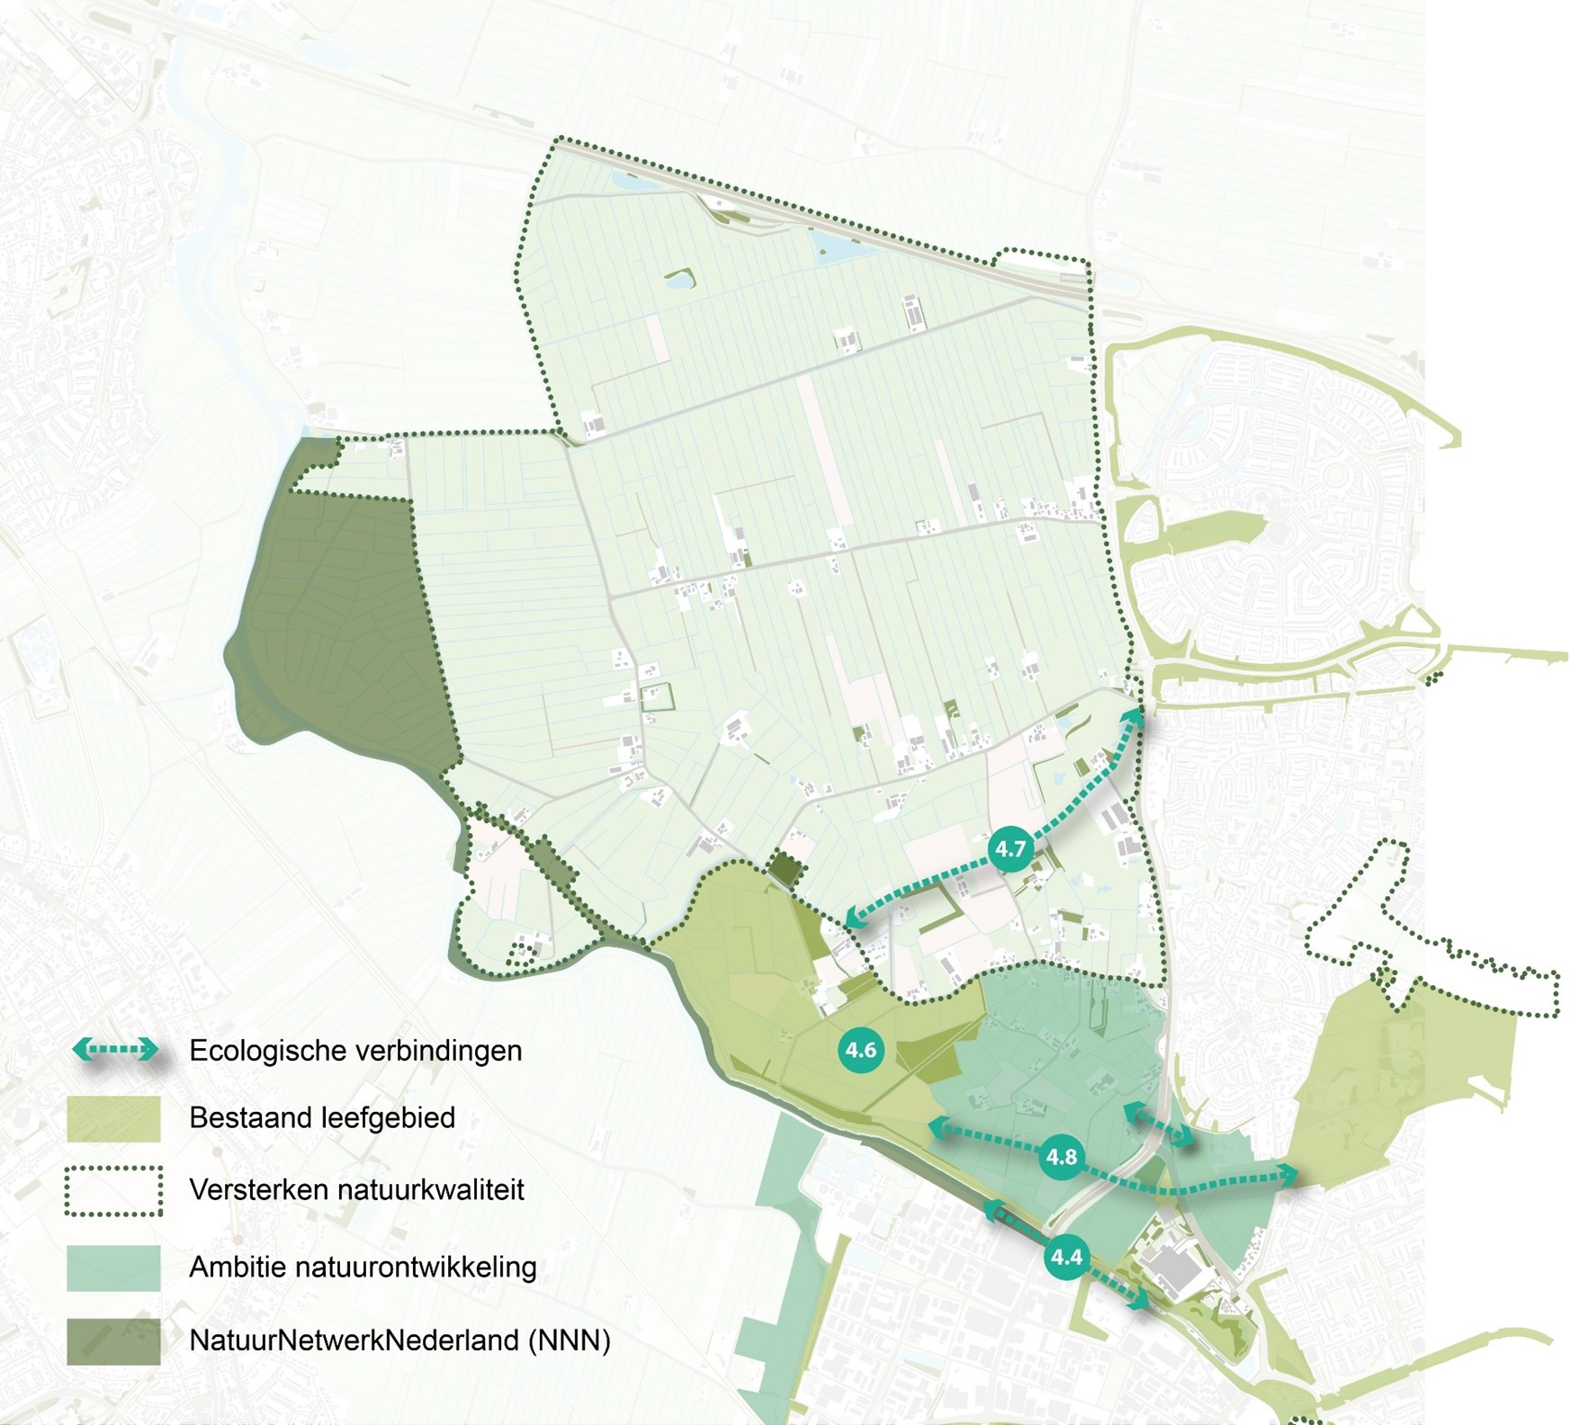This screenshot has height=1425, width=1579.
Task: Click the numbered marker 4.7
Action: (x=1010, y=848)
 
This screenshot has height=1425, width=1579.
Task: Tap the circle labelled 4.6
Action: (x=861, y=1050)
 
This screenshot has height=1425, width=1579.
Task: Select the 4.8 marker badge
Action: (x=1062, y=1157)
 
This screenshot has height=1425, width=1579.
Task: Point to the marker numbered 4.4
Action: (x=1067, y=1256)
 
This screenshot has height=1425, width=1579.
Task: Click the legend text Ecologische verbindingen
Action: (x=355, y=1051)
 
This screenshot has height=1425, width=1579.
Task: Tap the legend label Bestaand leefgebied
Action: (x=322, y=1118)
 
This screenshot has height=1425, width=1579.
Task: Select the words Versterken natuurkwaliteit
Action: (x=356, y=1190)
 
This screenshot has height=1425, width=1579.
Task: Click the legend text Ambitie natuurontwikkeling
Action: (x=363, y=1268)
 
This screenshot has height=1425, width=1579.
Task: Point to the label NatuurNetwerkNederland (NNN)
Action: (x=399, y=1340)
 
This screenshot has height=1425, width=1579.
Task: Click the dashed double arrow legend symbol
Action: (x=114, y=1049)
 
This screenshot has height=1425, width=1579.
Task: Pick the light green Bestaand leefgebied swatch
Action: (x=113, y=1119)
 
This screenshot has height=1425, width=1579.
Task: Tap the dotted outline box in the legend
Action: (x=113, y=1191)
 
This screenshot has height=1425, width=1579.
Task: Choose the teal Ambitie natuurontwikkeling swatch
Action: (x=113, y=1268)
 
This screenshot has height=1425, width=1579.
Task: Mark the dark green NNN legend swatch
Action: (x=113, y=1341)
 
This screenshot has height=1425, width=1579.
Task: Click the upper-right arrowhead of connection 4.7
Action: (x=1135, y=716)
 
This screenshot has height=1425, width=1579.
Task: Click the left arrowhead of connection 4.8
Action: (x=938, y=1124)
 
